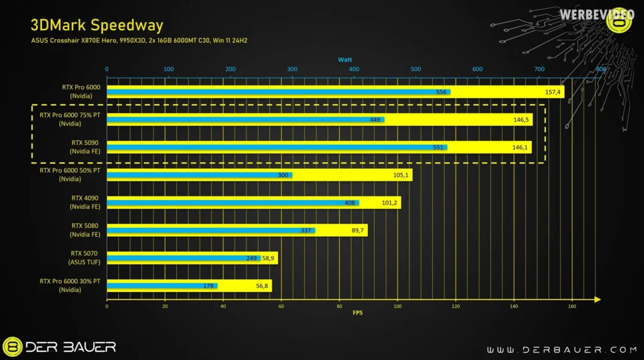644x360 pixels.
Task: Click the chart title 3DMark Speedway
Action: point(97,25)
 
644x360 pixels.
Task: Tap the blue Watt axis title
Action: point(345,59)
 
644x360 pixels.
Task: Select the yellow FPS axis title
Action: point(357,313)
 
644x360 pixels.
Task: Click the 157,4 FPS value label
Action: point(553,93)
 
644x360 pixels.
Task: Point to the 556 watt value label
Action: point(441,93)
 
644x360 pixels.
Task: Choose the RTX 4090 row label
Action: point(86,202)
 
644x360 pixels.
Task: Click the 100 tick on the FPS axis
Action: point(397,307)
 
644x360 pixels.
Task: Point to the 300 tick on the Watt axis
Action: point(292,69)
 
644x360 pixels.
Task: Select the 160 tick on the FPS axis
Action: point(572,307)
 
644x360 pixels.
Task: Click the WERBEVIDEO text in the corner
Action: point(586,13)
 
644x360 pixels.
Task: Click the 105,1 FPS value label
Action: point(401,175)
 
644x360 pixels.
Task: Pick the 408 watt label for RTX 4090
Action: point(350,203)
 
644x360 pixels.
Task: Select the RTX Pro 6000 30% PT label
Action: point(69,285)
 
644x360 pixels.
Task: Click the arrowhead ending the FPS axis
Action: point(597,300)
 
